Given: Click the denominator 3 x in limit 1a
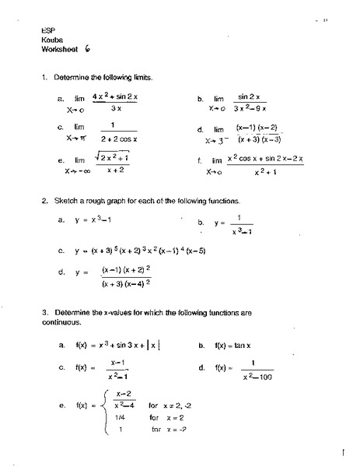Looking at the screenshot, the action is (x=114, y=108).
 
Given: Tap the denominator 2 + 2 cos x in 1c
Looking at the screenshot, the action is (x=114, y=139).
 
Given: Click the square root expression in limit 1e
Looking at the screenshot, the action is (x=113, y=158).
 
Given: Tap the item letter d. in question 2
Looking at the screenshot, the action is (x=61, y=273).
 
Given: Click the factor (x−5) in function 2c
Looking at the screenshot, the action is (x=216, y=251).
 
